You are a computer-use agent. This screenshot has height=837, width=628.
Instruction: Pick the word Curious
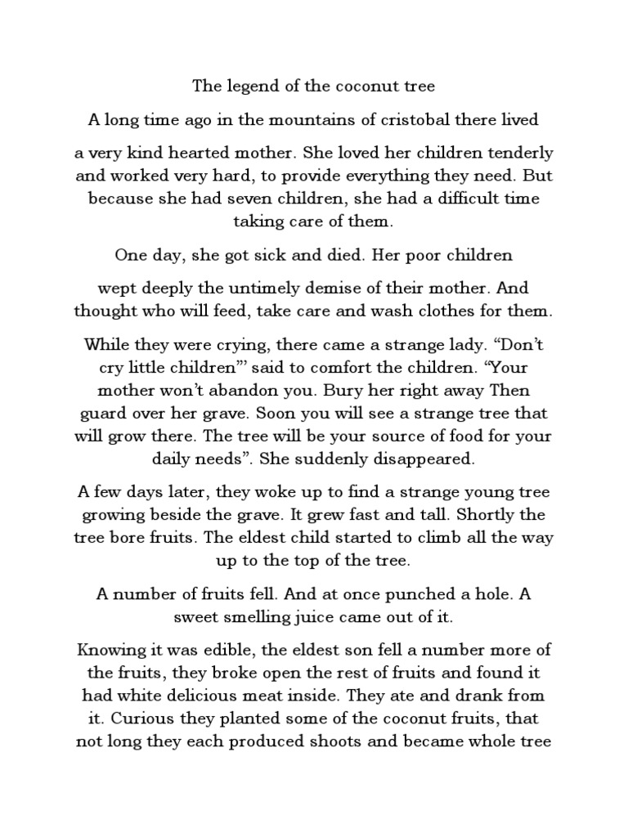(140, 719)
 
